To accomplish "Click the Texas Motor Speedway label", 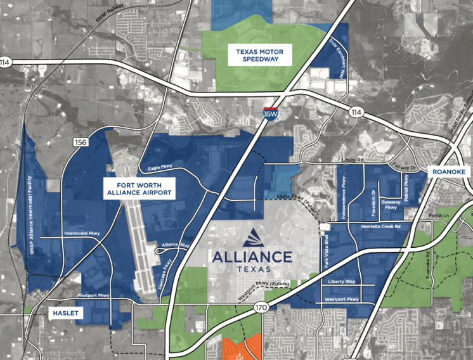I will coord(260,55).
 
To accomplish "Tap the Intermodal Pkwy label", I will coord(82,233).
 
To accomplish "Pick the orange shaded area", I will coord(241,347).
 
